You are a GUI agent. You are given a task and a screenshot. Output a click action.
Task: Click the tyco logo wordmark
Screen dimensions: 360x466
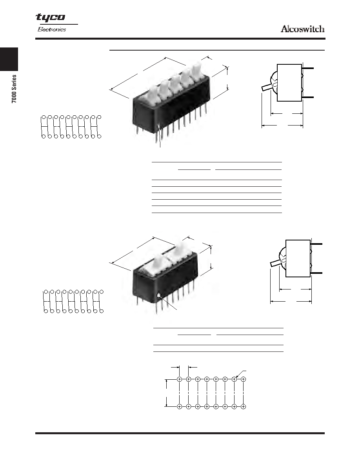[50, 18]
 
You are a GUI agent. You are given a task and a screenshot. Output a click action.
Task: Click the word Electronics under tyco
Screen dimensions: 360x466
[52, 29]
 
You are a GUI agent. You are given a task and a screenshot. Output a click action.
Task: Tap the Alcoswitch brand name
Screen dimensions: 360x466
[302, 29]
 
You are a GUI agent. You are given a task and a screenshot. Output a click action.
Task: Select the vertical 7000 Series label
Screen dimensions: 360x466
[14, 89]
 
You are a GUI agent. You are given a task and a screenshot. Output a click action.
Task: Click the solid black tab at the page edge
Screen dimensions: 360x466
[9, 59]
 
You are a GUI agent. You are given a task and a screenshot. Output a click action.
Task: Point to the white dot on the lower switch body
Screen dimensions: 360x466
[160, 295]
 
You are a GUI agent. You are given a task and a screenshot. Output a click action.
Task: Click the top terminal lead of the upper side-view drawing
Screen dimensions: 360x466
[308, 68]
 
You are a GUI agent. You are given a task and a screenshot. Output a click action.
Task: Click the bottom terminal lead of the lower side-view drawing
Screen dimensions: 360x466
[316, 273]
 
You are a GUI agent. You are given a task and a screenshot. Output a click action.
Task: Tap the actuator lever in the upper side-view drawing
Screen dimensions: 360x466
[266, 87]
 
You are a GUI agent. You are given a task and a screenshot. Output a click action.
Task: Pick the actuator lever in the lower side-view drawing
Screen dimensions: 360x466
[275, 263]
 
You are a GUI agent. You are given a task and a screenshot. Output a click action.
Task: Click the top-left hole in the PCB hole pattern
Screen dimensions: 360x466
[179, 379]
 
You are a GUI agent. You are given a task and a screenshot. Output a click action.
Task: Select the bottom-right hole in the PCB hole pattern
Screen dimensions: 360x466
[243, 406]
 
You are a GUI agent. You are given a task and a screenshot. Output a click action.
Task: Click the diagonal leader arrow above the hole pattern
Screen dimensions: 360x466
[241, 374]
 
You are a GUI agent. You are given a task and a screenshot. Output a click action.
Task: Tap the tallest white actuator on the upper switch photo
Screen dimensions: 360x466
[196, 69]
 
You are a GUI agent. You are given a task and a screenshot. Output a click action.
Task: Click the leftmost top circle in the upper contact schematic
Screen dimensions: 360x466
[44, 117]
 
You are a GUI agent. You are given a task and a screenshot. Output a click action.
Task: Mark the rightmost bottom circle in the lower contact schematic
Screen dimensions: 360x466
[102, 311]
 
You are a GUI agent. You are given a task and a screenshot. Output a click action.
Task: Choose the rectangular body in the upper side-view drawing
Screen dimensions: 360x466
[289, 83]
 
